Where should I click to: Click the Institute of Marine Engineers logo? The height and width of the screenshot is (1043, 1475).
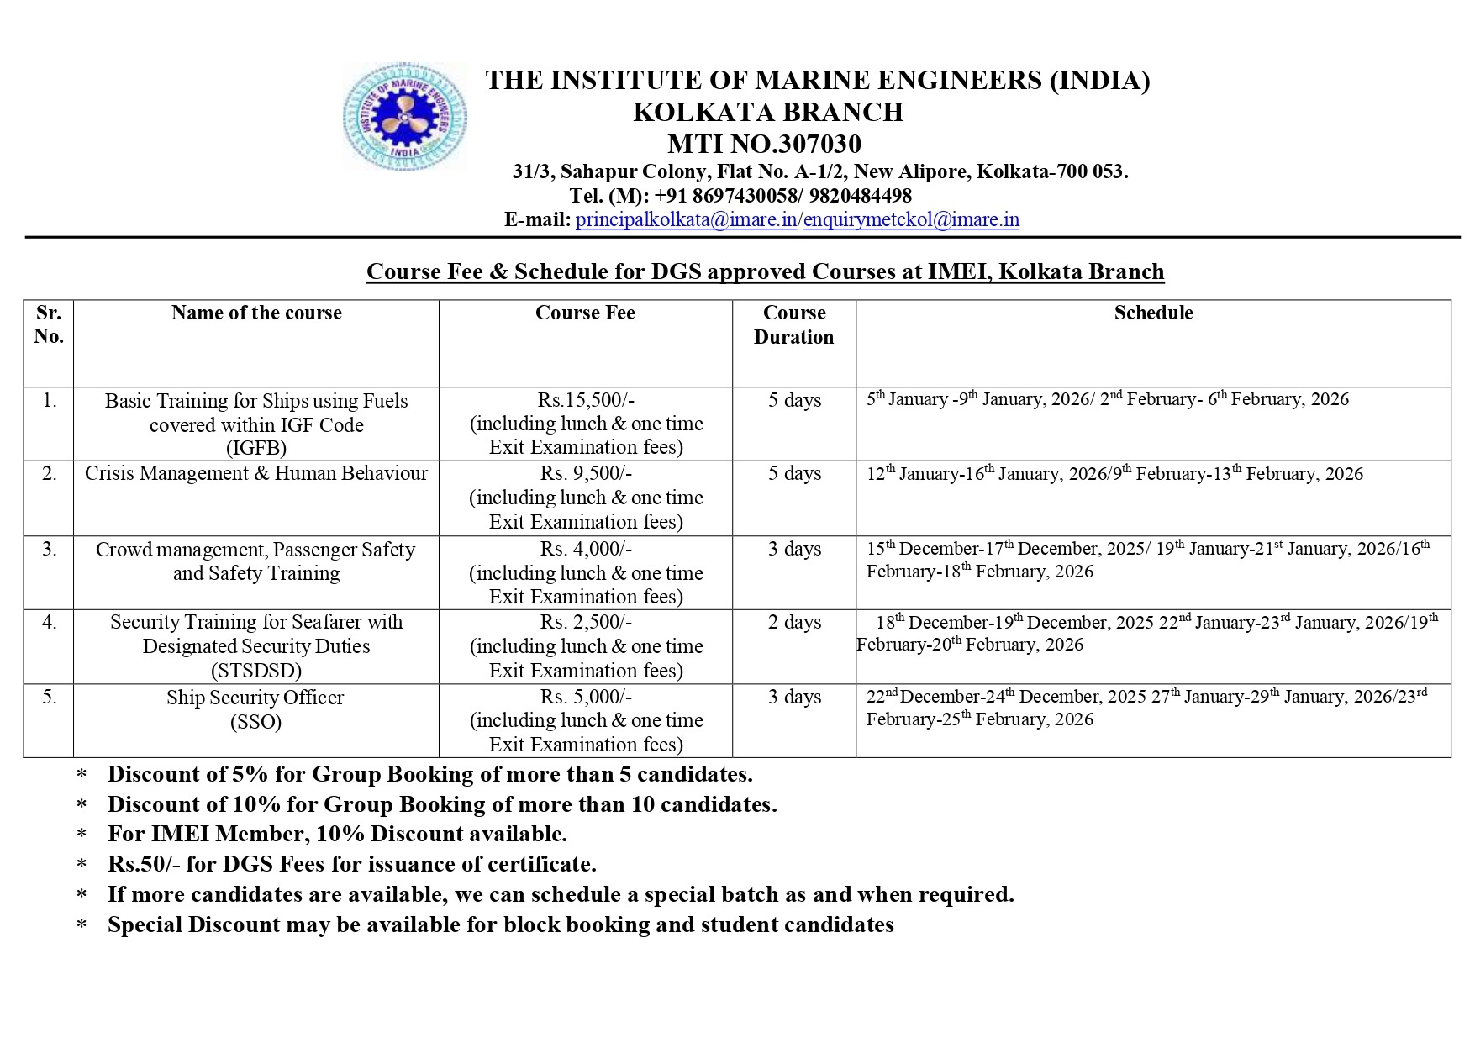pos(405,117)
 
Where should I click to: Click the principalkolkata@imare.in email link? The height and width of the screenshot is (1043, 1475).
pos(686,220)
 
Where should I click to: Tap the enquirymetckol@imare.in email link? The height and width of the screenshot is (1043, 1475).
pos(911,220)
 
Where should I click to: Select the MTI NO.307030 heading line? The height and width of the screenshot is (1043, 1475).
pos(764,144)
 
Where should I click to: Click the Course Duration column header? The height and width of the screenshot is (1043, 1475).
pos(793,324)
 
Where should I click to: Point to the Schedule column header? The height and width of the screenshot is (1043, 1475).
pos(1153,313)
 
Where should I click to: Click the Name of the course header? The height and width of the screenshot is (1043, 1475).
pos(256,313)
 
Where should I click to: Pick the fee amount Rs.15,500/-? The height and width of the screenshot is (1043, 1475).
pos(586,400)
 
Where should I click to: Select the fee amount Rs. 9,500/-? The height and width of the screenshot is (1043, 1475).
pos(586,473)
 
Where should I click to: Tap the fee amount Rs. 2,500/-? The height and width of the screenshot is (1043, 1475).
pos(586,622)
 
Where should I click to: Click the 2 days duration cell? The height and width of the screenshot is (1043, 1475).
pos(794,622)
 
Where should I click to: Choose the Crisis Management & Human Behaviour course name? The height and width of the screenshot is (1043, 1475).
pos(256,473)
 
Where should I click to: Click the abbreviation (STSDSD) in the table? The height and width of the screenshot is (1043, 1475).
pos(256,671)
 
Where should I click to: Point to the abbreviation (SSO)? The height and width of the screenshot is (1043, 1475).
pos(256,722)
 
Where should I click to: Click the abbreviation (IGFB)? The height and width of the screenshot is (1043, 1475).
pos(256,448)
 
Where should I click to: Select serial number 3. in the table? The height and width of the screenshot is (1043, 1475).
pos(50,549)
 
